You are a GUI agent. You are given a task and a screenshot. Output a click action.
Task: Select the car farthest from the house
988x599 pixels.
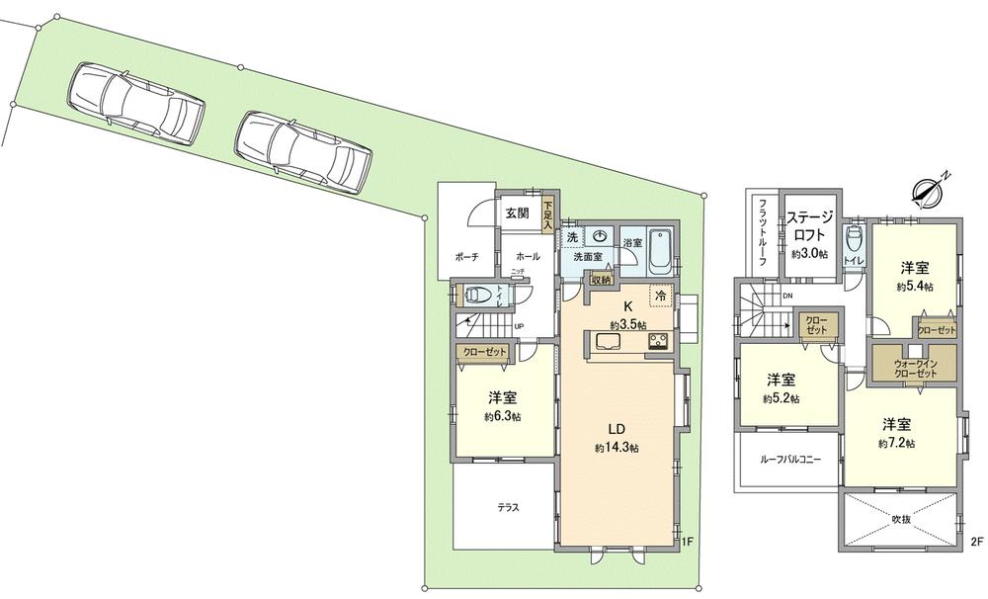(x=136, y=102)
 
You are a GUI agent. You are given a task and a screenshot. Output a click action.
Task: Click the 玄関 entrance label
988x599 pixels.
(x=517, y=213)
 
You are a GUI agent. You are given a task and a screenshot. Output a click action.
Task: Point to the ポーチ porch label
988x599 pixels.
(x=466, y=257)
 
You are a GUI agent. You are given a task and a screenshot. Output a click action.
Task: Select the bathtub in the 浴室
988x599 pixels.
(x=660, y=249)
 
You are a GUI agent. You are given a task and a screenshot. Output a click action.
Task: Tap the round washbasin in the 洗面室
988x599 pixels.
(x=600, y=237)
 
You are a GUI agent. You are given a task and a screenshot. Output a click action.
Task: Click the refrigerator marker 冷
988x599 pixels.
(x=659, y=296)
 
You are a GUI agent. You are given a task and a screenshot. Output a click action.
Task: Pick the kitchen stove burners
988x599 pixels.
(x=657, y=341)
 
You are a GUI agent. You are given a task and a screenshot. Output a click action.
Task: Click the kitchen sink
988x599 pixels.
(x=607, y=342)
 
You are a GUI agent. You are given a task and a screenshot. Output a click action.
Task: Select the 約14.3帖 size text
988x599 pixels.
(x=617, y=448)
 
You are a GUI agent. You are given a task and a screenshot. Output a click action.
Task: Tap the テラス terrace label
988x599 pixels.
(x=508, y=508)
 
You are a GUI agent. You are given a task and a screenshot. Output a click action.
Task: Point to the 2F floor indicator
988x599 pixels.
(x=977, y=541)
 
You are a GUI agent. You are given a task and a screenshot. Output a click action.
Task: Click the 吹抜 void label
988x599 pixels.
(x=900, y=518)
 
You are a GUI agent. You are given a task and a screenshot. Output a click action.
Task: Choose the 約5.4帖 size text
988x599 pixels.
(x=915, y=287)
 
